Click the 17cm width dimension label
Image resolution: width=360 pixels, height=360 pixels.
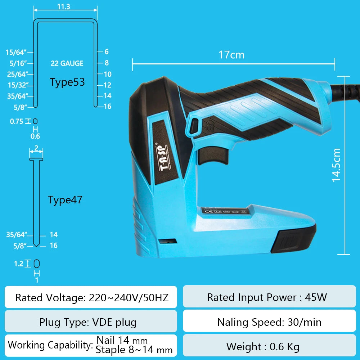(231, 55)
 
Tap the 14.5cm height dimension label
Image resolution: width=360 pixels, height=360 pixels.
(336, 165)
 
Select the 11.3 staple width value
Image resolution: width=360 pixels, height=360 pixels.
(63, 7)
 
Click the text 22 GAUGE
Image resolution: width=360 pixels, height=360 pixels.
(67, 63)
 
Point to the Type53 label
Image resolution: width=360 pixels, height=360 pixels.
(67, 82)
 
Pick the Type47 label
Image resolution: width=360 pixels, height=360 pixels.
(65, 200)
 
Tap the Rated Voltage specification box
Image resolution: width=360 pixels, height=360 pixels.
(91, 297)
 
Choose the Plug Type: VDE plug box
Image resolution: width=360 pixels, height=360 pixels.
(91, 321)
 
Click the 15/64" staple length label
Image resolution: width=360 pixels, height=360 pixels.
(16, 53)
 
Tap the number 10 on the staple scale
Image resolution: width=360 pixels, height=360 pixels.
(108, 75)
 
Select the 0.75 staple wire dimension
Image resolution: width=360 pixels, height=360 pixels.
(16, 122)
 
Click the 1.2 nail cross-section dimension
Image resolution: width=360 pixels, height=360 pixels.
(18, 264)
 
